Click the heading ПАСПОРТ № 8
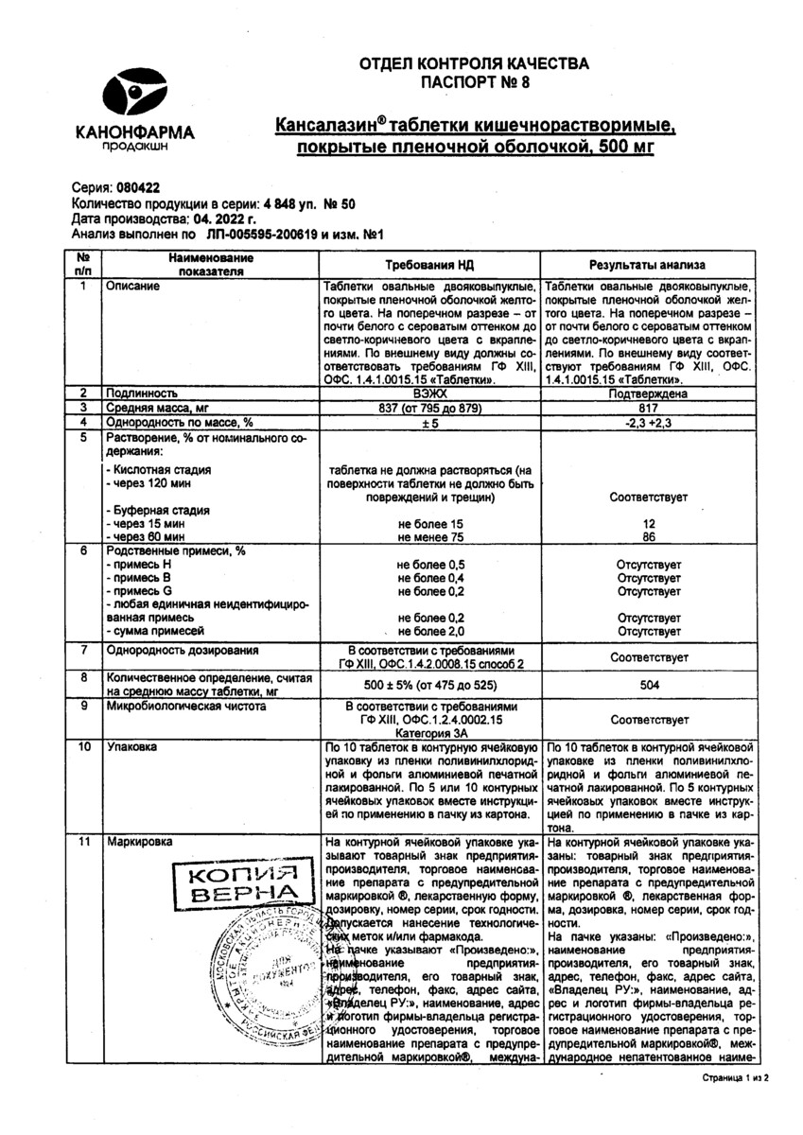point(474,82)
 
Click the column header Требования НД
point(430,266)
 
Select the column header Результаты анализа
point(648,266)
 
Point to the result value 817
point(650,406)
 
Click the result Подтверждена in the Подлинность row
point(650,392)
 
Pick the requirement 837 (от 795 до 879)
point(430,406)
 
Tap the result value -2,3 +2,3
point(650,421)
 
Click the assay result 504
point(650,685)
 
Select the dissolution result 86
point(650,536)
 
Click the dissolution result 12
point(650,523)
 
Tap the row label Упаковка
point(133,746)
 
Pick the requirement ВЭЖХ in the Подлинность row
point(430,392)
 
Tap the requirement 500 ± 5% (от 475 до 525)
point(430,685)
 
